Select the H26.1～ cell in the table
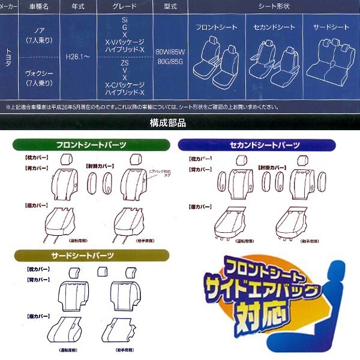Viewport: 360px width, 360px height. coord(77,59)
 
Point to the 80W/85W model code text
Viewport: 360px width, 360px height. coord(170,52)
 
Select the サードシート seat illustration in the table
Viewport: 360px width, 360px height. coord(331,58)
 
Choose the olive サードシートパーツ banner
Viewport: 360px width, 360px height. coord(83,254)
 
